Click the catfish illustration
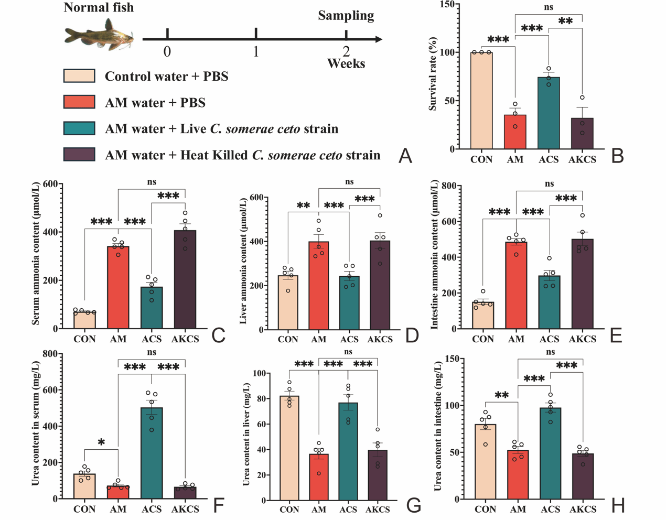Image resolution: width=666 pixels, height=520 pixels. point(100,36)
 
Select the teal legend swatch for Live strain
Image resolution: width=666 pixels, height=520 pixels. point(79,128)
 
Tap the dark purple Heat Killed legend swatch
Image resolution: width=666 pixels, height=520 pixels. point(79,155)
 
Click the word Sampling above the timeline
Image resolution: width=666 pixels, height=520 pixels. point(346,16)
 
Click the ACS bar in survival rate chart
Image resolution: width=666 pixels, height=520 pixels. point(549,113)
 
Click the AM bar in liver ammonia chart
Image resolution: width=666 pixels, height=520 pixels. point(318,286)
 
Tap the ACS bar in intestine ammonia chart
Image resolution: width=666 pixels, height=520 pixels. point(549,302)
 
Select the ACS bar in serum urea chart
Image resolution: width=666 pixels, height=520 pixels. point(152,453)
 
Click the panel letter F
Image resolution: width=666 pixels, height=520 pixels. point(218,506)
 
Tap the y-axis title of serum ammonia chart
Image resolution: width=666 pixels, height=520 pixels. point(36,254)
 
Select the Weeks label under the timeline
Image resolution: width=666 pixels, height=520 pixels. point(346,64)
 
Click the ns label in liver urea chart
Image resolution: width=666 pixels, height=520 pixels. point(348,352)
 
